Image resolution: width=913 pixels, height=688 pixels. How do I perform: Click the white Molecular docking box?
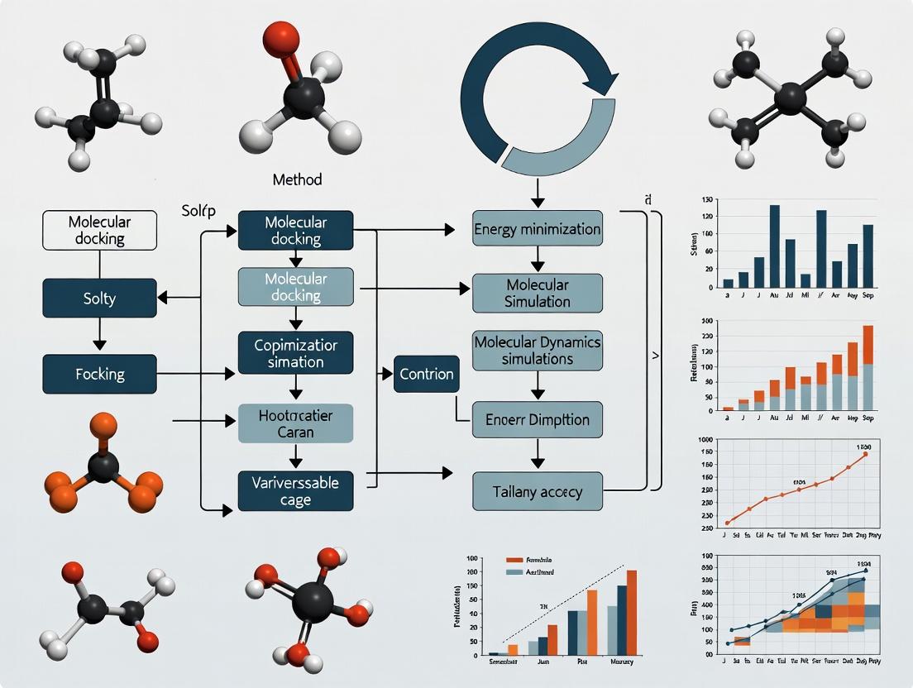[x=99, y=230]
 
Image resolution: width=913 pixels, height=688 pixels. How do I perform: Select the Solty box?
[x=99, y=298]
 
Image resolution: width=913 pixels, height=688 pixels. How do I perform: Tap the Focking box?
[x=99, y=374]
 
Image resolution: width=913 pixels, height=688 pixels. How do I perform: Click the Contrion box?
[x=426, y=374]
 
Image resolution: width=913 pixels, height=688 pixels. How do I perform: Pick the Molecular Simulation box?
[x=538, y=294]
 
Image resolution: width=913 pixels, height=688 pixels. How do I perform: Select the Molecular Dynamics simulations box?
[x=538, y=350]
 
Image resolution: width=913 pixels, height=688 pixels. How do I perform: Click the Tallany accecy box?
[x=538, y=491]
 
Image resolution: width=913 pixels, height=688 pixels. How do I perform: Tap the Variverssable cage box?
[x=295, y=491]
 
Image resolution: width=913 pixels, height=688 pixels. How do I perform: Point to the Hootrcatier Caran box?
[x=295, y=424]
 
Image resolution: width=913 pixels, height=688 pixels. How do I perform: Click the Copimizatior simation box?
[x=295, y=351]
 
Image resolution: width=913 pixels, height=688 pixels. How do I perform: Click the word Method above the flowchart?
[x=297, y=179]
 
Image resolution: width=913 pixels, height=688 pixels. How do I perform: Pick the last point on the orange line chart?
[x=865, y=453]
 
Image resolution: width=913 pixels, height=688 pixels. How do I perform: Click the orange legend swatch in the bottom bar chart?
[x=514, y=560]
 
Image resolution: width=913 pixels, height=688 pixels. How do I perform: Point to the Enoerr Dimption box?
[x=538, y=420]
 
